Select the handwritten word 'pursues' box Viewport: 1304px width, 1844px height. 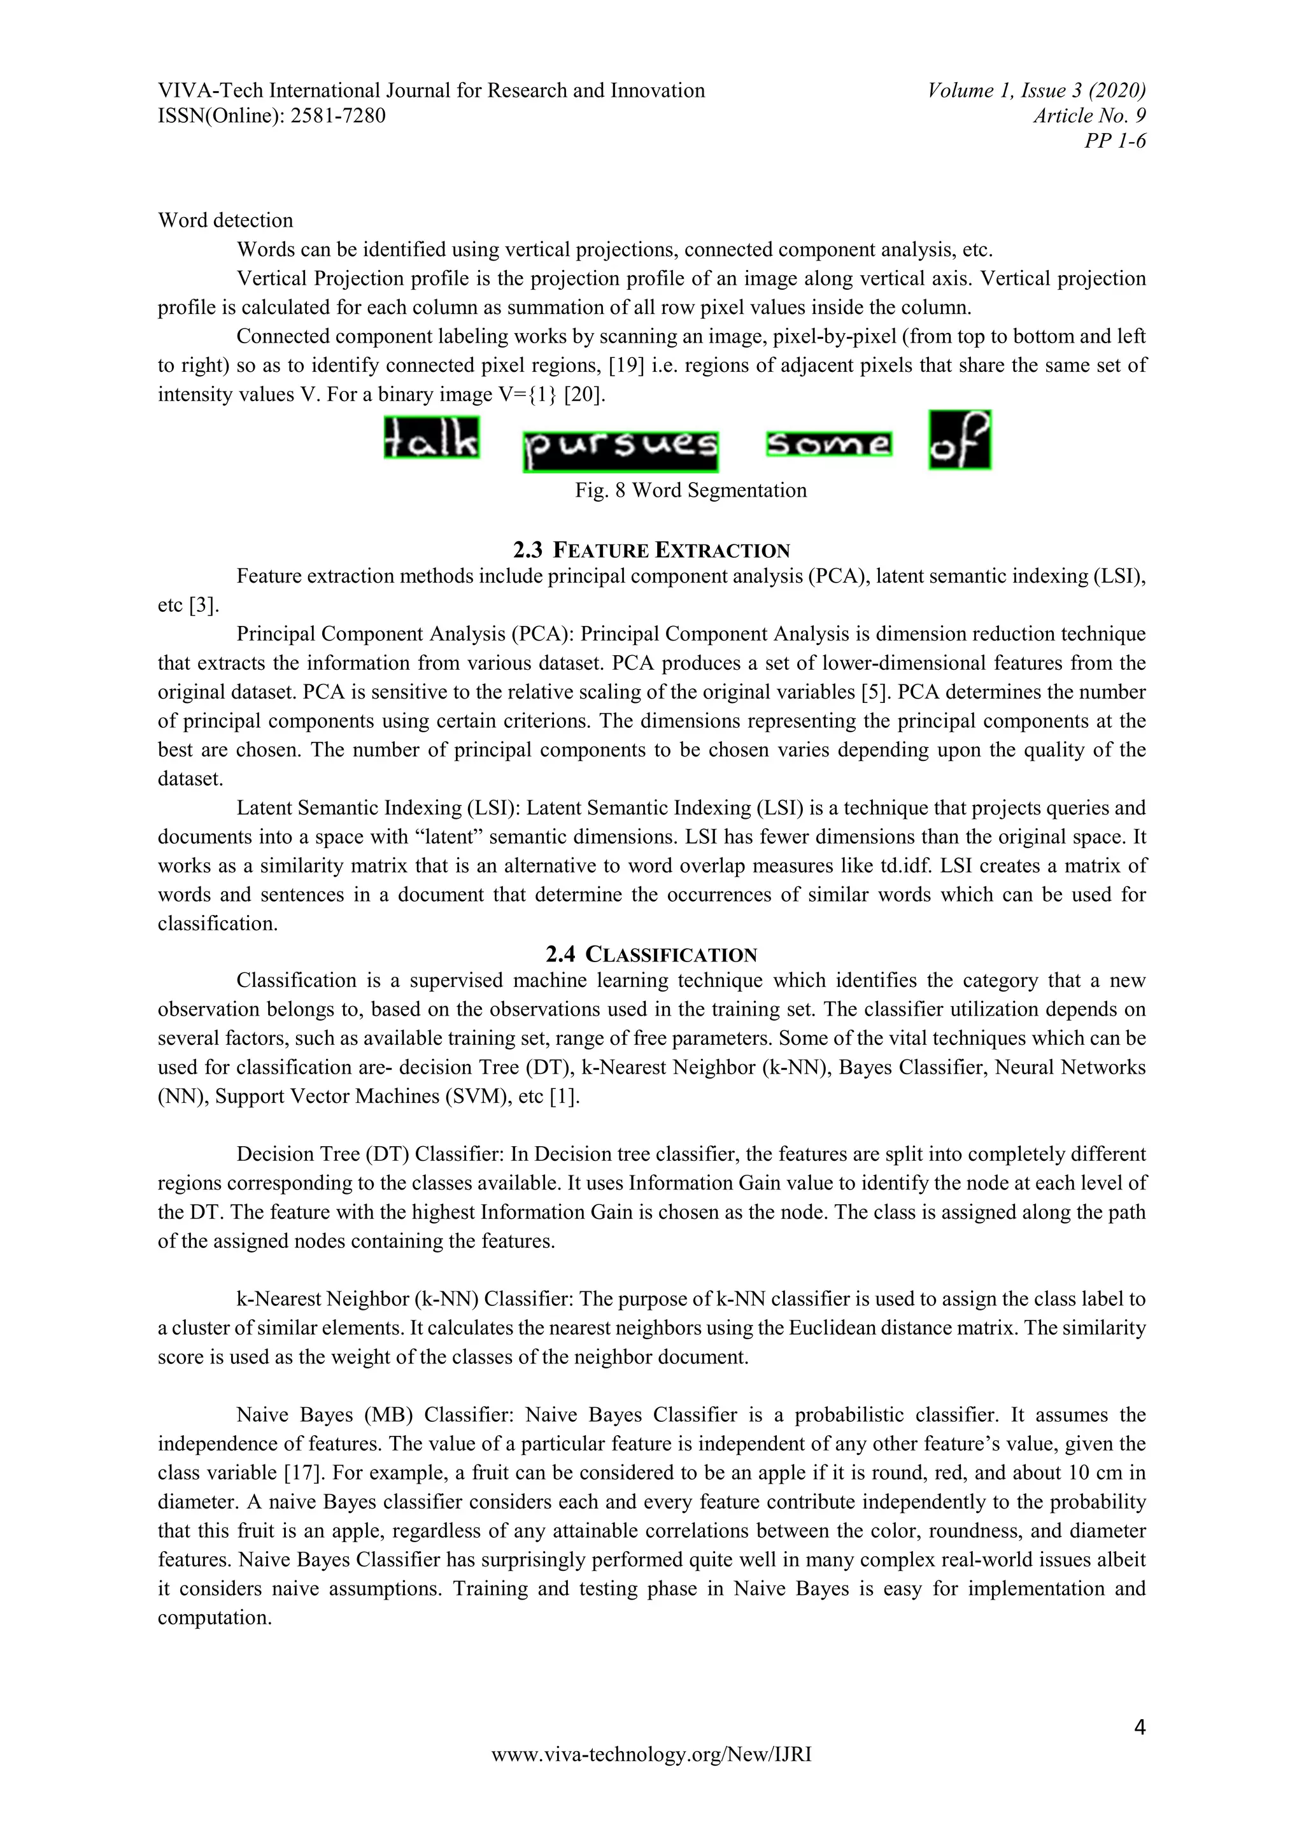[620, 451]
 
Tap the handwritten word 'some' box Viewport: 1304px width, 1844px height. [828, 445]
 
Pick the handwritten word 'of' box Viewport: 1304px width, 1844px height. [960, 440]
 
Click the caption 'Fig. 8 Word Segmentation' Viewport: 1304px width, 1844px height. [691, 491]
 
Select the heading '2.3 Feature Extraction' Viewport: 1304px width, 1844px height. [651, 550]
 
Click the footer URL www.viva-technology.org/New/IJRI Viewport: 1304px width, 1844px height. [651, 1777]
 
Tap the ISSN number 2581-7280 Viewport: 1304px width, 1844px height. [337, 117]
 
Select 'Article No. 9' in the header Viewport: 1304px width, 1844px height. [1089, 117]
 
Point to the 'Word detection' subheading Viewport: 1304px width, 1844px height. [225, 221]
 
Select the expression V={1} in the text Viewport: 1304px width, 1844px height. [529, 394]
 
